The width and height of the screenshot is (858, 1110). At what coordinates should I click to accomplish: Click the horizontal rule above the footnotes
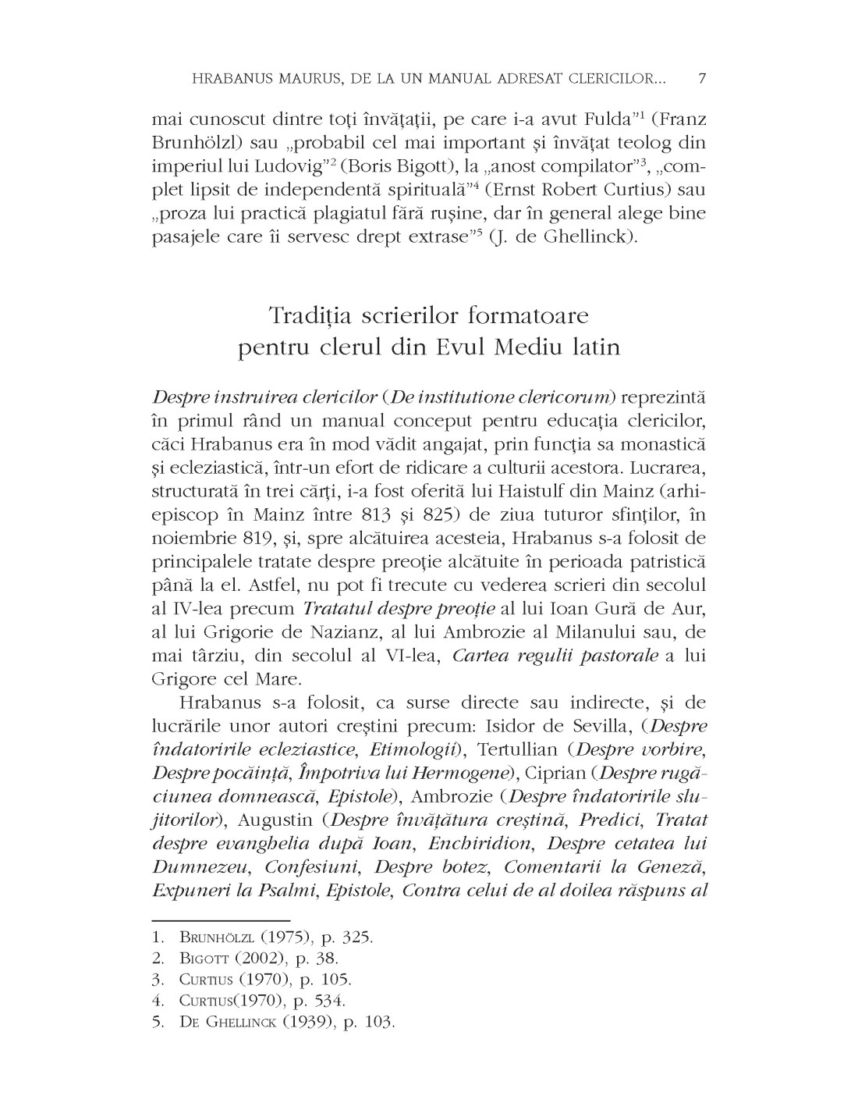(x=221, y=921)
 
